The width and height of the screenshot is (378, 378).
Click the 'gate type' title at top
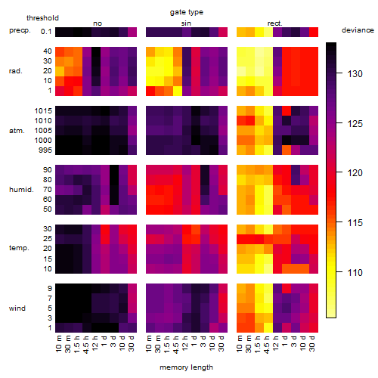[187, 12]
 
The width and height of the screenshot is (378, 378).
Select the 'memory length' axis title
[186, 367]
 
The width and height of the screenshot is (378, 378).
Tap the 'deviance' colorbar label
[358, 30]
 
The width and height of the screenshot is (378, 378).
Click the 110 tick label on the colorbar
[355, 272]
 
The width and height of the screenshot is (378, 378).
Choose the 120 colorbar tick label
[355, 173]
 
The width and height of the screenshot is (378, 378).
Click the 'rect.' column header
[275, 23]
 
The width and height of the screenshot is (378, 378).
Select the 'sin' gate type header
[186, 23]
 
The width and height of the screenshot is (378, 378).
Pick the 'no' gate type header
[98, 23]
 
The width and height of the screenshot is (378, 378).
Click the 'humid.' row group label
[21, 190]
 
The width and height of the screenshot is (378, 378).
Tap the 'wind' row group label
[17, 308]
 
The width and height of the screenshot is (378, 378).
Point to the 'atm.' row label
[17, 131]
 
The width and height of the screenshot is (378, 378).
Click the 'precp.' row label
[20, 30]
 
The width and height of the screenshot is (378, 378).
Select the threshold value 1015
[43, 111]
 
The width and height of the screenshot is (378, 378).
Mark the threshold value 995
[45, 150]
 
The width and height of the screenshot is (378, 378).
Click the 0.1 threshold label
[46, 32]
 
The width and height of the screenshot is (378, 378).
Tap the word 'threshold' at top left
[42, 18]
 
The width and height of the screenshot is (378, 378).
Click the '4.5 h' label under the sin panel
[176, 345]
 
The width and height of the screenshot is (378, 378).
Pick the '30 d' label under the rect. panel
[312, 343]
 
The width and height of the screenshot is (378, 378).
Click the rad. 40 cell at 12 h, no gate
[96, 51]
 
